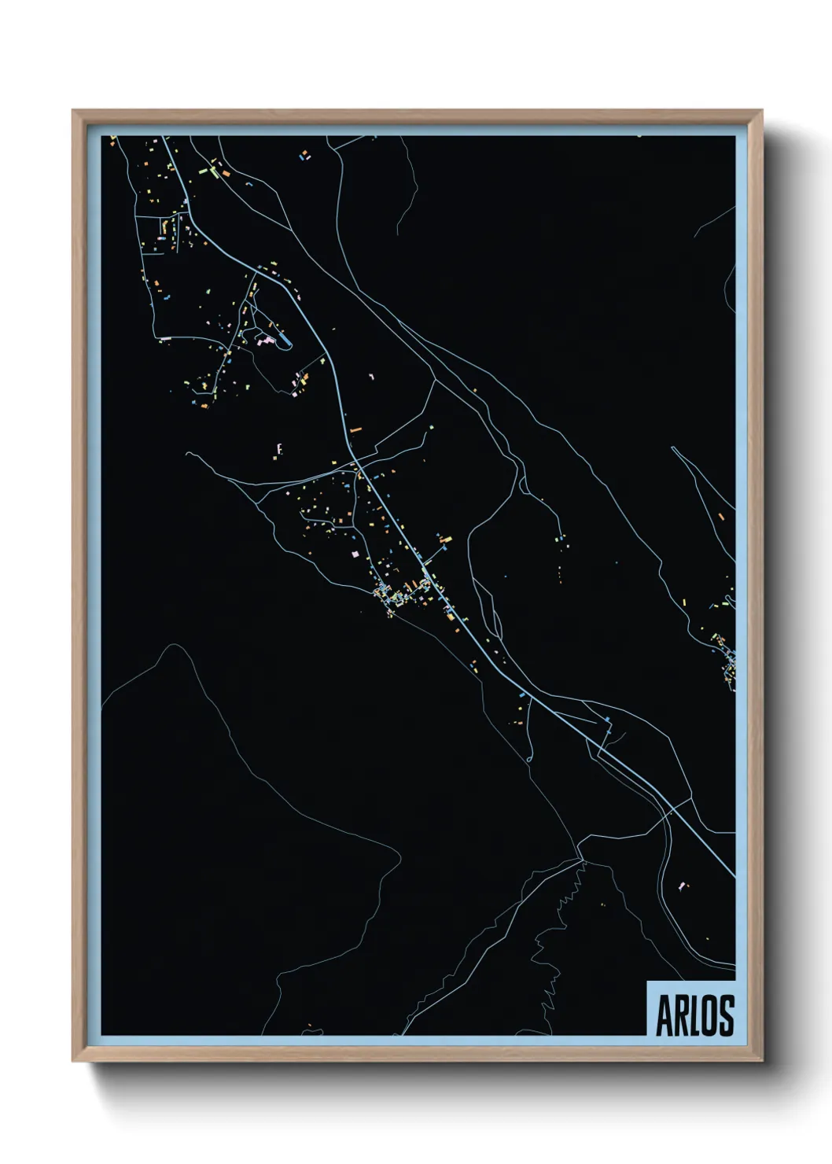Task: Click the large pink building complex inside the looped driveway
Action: click(x=267, y=341)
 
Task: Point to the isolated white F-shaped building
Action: click(x=279, y=449)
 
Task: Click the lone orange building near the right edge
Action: click(x=720, y=516)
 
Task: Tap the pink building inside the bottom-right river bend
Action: click(x=681, y=886)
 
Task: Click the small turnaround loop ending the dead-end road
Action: click(x=528, y=758)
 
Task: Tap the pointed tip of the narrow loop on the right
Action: click(x=673, y=448)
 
